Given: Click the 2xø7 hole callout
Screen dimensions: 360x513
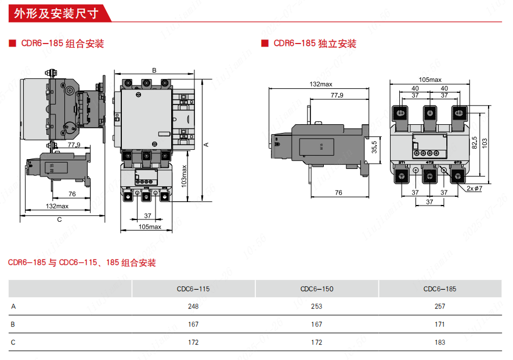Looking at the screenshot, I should (474, 189).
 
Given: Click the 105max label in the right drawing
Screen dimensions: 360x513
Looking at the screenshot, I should (430, 80).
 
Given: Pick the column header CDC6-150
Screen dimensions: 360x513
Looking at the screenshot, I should (317, 289).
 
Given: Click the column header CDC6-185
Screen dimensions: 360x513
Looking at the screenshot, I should (440, 289).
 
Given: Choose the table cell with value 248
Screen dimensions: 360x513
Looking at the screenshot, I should (193, 307).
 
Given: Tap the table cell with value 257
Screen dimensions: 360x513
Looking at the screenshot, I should (440, 307).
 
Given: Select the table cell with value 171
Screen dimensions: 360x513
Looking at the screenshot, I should (440, 325).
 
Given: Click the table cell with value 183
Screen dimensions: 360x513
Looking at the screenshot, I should (440, 343).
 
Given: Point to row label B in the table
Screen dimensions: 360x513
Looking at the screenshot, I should (13, 325).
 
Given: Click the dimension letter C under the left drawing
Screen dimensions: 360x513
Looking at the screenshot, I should (59, 219).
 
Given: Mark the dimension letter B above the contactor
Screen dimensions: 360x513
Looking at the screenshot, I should (154, 70).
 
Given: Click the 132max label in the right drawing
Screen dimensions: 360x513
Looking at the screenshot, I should (321, 84).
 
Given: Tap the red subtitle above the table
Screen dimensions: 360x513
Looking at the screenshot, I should (82, 263).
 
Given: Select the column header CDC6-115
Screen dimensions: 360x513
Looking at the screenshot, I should (193, 289).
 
